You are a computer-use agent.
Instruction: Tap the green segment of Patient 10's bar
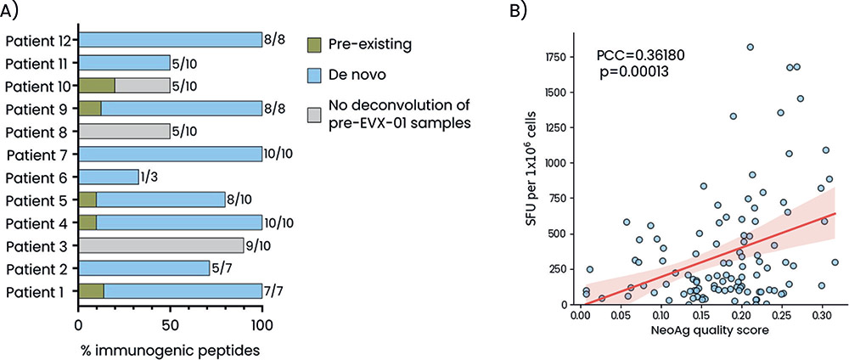(x=96, y=86)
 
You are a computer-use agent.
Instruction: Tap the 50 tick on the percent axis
(x=170, y=323)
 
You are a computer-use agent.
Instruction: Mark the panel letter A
(x=14, y=11)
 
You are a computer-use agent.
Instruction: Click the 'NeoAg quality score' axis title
(x=700, y=332)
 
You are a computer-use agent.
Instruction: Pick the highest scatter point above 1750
(x=751, y=48)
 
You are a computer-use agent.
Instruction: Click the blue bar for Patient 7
(x=170, y=155)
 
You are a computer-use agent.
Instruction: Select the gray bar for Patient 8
(x=124, y=132)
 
